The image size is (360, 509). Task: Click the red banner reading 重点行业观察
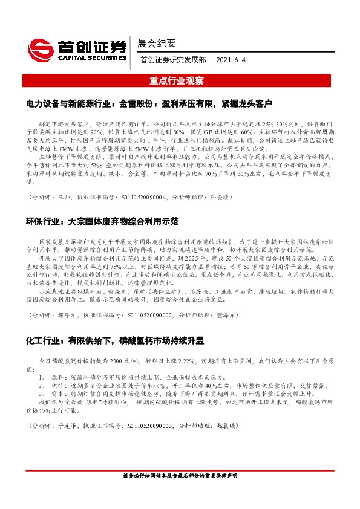pos(180,80)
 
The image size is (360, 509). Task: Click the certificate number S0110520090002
pos(145,315)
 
